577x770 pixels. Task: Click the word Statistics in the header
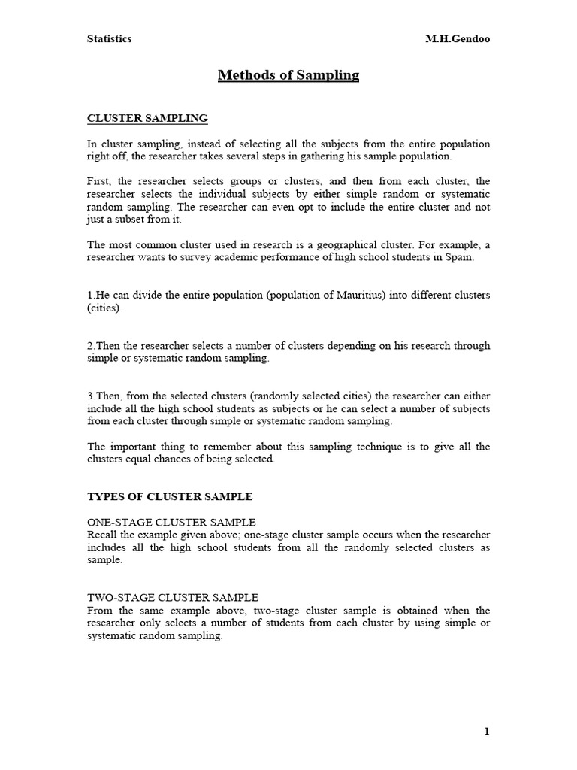[x=110, y=39]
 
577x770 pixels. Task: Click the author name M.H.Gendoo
[x=458, y=39]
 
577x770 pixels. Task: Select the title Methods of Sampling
[x=288, y=75]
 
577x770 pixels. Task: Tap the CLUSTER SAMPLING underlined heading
[x=147, y=119]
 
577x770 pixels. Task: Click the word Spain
[x=460, y=258]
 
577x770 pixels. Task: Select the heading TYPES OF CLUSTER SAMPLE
[x=170, y=497]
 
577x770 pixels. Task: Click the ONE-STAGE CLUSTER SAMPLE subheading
[x=171, y=522]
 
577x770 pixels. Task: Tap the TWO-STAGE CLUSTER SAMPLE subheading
[x=173, y=598]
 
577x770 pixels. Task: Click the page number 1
[x=487, y=732]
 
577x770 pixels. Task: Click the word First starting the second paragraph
[x=100, y=182]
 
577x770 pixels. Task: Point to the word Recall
[x=103, y=535]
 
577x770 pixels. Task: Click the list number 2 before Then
[x=91, y=346]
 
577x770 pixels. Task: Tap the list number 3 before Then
[x=91, y=396]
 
